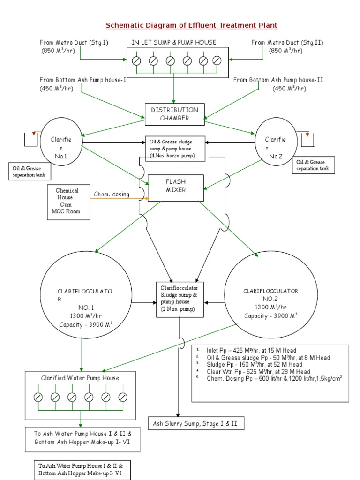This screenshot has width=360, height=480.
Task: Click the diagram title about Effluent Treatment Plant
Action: coord(192,25)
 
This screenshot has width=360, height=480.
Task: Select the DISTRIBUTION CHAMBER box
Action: coord(174,114)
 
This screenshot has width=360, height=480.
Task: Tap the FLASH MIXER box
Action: coord(176,187)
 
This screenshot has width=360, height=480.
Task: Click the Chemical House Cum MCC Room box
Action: coord(68,202)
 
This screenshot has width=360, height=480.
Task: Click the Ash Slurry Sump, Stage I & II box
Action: coord(195,424)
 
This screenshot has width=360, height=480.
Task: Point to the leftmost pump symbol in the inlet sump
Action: coord(136,61)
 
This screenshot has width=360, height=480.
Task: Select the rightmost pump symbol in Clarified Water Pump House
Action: coord(123,397)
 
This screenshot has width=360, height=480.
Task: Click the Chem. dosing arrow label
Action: coord(112,194)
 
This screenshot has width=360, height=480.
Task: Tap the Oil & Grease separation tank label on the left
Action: coord(30,172)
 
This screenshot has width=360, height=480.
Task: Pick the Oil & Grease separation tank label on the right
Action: coord(313,165)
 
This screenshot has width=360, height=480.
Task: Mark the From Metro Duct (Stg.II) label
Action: coord(287,43)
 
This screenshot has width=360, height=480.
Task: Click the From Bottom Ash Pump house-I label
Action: coord(83,80)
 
